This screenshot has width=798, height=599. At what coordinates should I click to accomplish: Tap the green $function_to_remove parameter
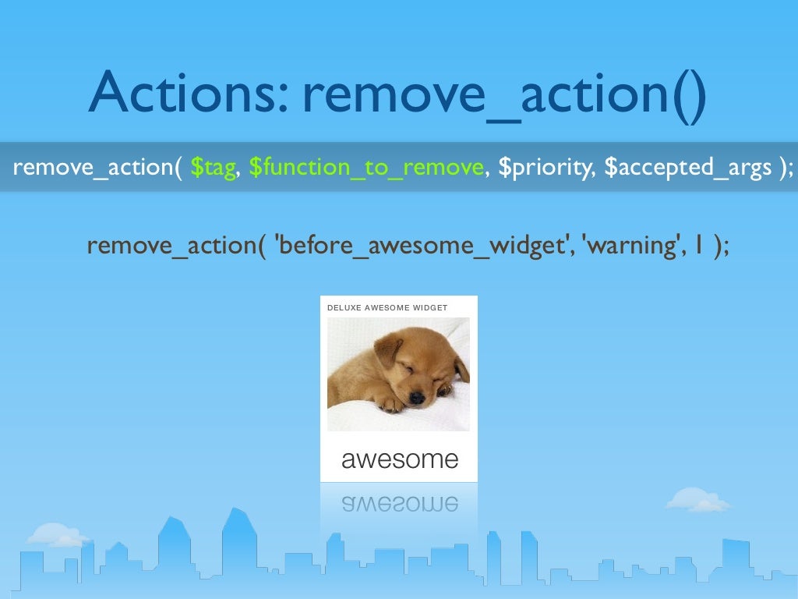click(365, 168)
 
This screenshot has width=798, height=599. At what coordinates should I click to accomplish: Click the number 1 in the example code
click(701, 245)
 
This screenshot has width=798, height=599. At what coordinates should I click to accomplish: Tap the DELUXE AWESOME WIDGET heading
click(387, 307)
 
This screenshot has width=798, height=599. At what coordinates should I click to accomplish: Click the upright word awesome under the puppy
click(400, 459)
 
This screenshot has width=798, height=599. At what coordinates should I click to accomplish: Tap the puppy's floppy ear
click(387, 351)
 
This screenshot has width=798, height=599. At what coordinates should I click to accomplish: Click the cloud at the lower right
click(698, 501)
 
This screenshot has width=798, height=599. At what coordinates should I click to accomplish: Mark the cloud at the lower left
click(56, 535)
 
